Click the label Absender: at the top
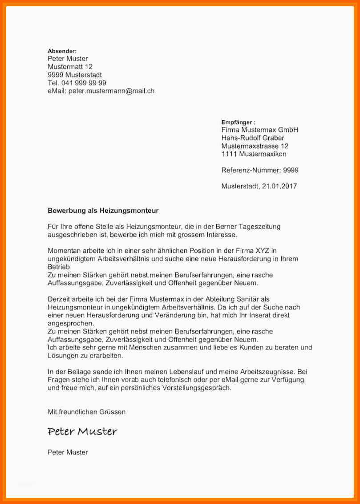coord(62,51)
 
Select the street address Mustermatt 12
coord(70,67)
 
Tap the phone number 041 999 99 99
coord(84,83)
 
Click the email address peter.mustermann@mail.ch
coord(111,91)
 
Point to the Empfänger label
coord(238,122)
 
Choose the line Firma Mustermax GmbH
coord(259,130)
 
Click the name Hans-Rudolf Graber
coord(252,138)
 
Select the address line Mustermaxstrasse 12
coord(255,146)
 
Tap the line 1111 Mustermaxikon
coord(254,154)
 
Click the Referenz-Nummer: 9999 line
coord(259,170)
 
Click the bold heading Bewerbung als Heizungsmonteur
coord(103,210)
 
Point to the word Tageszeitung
coord(260,227)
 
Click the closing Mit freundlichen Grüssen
coord(86,412)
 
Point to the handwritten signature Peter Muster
coord(82,431)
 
